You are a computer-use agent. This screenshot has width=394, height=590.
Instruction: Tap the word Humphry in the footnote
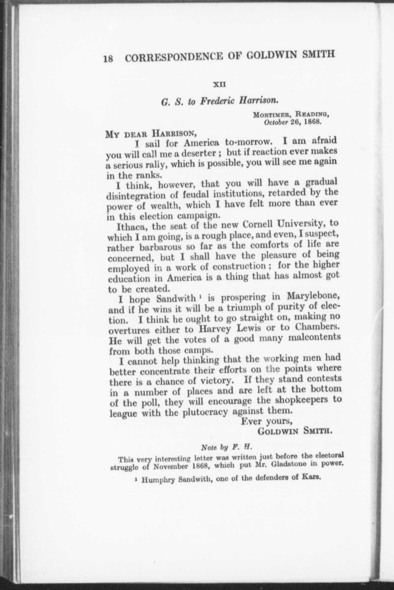click(x=155, y=480)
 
